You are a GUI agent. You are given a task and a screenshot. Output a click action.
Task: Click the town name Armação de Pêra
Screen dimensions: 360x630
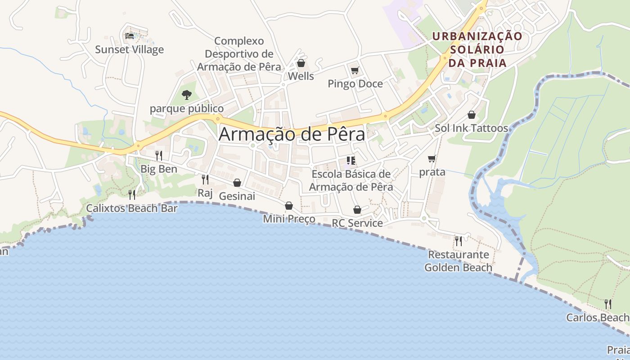coord(292,135)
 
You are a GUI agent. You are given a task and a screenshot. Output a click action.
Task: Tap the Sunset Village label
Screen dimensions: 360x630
coord(129,49)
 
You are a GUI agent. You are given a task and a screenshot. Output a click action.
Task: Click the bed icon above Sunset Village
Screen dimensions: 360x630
coord(130,36)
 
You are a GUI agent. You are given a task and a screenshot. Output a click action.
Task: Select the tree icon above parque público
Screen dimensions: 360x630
coord(187,95)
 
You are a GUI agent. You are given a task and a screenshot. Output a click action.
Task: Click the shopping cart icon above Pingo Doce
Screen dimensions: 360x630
coord(355,70)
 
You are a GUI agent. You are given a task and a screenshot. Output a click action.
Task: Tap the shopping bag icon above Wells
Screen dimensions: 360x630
coord(301,63)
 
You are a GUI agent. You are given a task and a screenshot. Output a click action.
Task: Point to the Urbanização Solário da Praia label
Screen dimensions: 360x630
coord(477,49)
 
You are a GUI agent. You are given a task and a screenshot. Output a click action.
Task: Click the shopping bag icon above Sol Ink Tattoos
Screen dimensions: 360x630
coord(472,115)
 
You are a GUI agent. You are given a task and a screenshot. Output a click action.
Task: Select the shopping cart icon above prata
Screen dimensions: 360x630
coord(432,158)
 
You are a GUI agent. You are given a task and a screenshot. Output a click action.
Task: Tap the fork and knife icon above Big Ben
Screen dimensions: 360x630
coord(159,156)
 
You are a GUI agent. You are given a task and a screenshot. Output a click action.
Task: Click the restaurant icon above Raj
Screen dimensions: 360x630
coord(205,180)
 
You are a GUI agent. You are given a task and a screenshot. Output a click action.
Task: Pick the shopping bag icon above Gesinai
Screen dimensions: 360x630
coord(237,183)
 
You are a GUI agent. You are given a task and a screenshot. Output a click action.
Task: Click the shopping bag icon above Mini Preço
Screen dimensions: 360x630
coord(289,206)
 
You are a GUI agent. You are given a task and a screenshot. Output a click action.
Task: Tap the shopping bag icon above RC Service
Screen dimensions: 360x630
coord(357,210)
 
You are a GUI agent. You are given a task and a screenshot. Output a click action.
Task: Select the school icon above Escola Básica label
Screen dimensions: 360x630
coord(351,160)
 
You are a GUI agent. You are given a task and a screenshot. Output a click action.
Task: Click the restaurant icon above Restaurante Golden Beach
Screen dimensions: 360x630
coord(459,241)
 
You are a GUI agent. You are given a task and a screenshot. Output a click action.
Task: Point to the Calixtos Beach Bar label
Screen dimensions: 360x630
coord(132,208)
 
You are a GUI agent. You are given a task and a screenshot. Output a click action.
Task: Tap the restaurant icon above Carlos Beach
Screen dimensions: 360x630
coord(608,304)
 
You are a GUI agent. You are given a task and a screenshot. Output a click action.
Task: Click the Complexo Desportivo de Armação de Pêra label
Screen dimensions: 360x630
coord(239,54)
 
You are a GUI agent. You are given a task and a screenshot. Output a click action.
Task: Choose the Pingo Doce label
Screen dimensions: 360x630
coord(355,84)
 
